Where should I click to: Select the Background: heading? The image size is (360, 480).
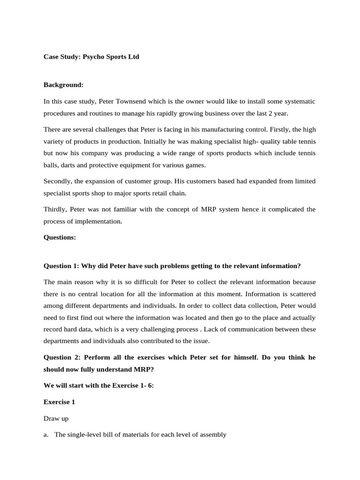tap(63, 85)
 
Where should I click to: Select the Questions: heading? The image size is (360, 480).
tap(60, 237)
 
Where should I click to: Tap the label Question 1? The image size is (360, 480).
tap(61, 266)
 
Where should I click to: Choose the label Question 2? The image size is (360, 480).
tap(61, 357)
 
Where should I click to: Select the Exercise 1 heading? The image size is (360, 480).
tap(59, 402)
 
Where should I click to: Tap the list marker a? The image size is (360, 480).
tap(46, 435)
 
